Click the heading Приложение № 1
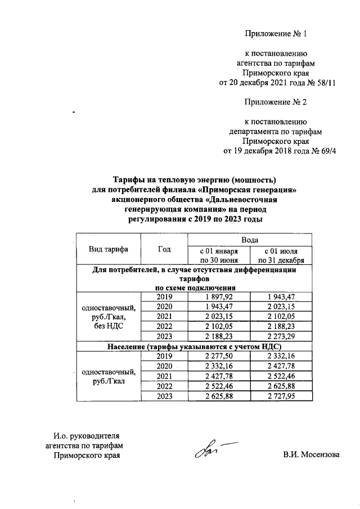coord(276,34)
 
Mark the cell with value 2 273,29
coord(280,336)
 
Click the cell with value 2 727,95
coord(280,397)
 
